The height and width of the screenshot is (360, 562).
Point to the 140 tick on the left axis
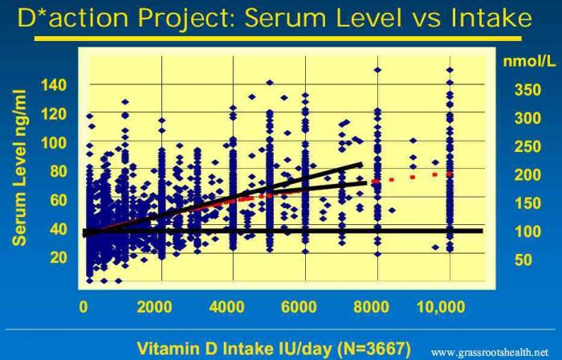click(x=54, y=85)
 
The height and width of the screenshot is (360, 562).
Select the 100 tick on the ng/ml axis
click(x=54, y=143)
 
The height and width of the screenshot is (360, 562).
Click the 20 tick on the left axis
click(x=59, y=257)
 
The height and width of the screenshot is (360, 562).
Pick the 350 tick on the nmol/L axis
click(x=527, y=90)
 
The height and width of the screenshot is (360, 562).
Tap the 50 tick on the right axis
click(x=523, y=260)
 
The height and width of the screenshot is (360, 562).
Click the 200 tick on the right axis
click(x=527, y=175)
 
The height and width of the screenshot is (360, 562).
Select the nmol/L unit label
click(x=529, y=61)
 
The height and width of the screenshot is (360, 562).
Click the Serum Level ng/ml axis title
click(x=20, y=167)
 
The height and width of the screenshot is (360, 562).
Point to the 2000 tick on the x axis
click(x=154, y=307)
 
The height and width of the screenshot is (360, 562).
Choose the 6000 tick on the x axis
click(x=299, y=307)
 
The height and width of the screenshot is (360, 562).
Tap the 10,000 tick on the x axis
click(x=442, y=307)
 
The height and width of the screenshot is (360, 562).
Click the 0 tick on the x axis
click(x=83, y=307)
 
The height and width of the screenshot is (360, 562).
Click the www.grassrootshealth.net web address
click(x=490, y=352)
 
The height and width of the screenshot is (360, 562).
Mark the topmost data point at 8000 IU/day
click(x=377, y=70)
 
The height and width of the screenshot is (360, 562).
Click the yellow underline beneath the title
click(x=278, y=39)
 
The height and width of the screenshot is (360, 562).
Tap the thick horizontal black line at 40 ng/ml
click(x=283, y=231)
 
